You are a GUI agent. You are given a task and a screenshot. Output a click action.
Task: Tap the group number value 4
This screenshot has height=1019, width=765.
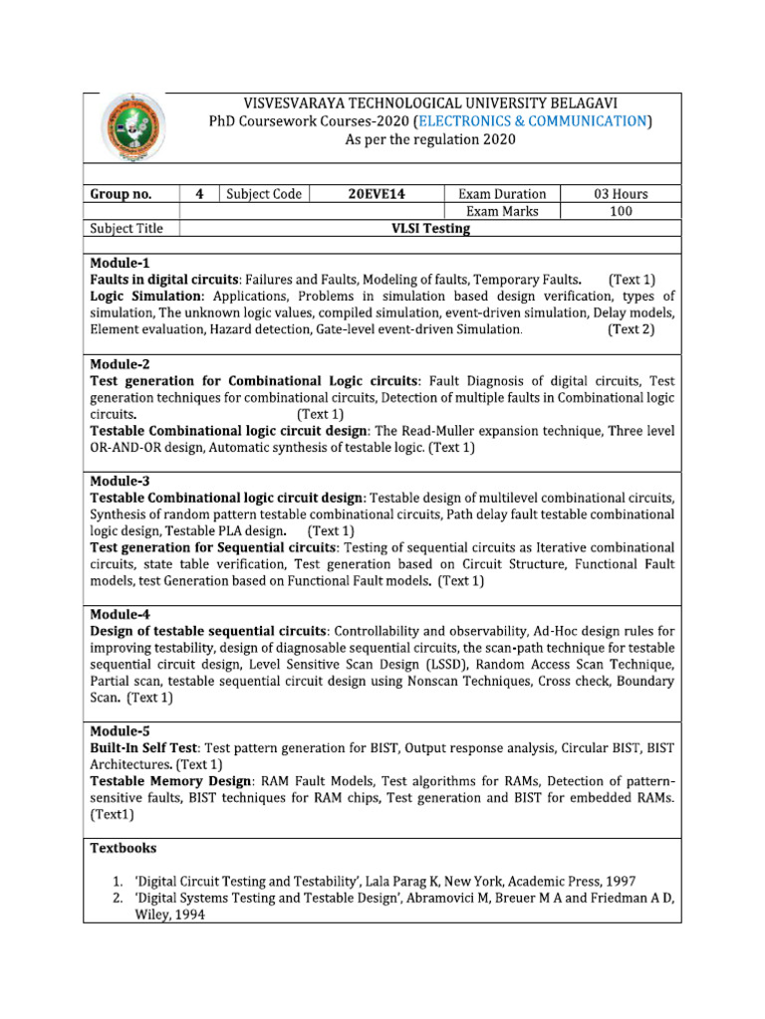[x=199, y=194]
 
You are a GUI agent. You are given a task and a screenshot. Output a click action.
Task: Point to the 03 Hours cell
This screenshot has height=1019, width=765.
[x=621, y=194]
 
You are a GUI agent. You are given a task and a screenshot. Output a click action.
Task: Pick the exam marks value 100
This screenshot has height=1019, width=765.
[x=621, y=211]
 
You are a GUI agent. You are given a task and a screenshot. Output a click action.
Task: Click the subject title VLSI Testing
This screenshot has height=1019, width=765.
[x=429, y=228]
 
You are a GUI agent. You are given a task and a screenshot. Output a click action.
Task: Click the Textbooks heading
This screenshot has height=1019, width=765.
[x=124, y=849]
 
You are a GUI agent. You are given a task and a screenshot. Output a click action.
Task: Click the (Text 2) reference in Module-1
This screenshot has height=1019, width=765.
[x=631, y=329]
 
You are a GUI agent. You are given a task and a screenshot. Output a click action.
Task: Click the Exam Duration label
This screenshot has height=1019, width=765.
[x=501, y=194]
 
